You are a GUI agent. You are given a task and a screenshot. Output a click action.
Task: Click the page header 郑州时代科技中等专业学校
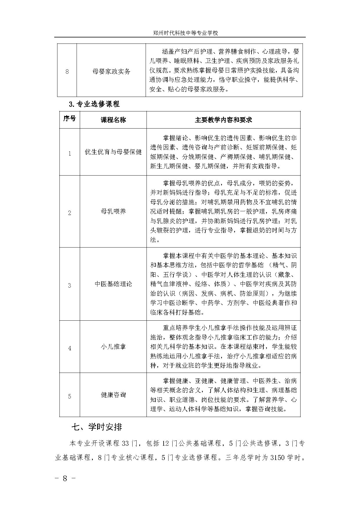coord(185,33)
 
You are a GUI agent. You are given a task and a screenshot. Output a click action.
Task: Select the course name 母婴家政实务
coord(111,71)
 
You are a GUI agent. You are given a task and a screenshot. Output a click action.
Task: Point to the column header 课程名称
coord(113,120)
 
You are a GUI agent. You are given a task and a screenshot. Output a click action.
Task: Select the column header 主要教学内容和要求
coord(223,120)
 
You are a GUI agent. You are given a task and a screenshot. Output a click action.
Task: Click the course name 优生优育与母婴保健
coord(113,152)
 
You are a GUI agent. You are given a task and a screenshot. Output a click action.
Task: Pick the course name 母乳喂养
coord(113,212)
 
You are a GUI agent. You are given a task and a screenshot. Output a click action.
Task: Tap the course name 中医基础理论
coord(113,284)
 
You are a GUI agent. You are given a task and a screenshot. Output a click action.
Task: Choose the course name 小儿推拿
coord(113,346)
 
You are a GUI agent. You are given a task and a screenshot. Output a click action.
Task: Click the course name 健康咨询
coord(113,395)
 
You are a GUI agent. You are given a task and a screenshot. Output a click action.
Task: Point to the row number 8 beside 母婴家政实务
coord(67,71)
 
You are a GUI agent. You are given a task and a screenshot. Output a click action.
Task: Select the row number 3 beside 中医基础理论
coord(69,286)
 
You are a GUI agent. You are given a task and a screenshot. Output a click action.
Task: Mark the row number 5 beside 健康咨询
coord(69,396)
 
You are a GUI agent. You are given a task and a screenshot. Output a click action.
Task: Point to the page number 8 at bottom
coord(65,479)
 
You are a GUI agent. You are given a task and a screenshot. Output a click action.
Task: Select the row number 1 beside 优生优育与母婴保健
coord(69,154)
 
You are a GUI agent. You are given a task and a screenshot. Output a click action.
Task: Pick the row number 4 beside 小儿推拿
coord(69,348)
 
